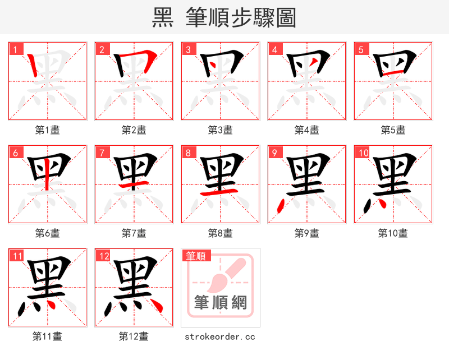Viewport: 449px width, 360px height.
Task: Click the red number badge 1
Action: (15, 49)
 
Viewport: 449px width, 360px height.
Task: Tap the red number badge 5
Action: (361, 49)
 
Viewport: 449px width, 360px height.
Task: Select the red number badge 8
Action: (188, 153)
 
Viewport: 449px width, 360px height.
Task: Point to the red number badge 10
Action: (363, 153)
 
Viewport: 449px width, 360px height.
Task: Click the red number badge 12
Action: (103, 256)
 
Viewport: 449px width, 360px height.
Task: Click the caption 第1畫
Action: (47, 130)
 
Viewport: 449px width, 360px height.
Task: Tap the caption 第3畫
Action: (220, 130)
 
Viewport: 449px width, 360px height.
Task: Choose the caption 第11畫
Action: (47, 336)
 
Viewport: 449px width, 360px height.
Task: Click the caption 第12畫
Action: (134, 336)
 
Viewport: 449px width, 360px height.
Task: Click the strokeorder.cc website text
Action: (220, 336)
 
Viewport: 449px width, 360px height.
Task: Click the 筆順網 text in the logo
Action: (221, 303)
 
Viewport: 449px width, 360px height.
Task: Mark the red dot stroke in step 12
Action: (154, 306)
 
